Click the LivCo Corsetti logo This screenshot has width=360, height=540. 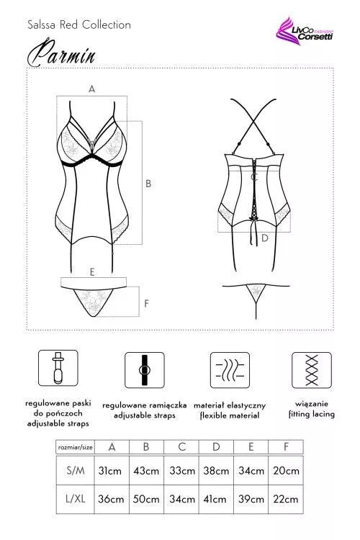click(x=304, y=32)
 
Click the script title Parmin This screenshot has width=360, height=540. click(x=61, y=54)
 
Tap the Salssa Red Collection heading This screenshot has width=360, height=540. click(x=79, y=24)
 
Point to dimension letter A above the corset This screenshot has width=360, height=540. click(x=91, y=89)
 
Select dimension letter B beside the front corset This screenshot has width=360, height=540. click(x=148, y=184)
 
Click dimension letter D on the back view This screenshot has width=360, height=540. click(x=264, y=238)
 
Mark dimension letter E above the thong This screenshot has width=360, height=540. click(x=92, y=272)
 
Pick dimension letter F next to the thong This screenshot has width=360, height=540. click(x=146, y=303)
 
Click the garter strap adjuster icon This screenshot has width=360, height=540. click(x=58, y=368)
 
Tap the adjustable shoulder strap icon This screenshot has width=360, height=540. click(x=144, y=370)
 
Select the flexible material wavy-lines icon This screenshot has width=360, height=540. click(x=230, y=370)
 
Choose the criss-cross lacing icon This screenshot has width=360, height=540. click(x=312, y=370)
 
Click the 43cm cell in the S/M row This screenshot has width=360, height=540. click(x=146, y=470)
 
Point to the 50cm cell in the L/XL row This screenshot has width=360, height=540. click(x=146, y=499)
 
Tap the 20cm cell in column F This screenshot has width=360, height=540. click(x=286, y=470)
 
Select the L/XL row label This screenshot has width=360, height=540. click(x=75, y=499)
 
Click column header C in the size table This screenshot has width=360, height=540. click(x=181, y=447)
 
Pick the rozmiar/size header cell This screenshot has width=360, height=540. click(x=75, y=447)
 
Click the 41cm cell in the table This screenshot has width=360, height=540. click(x=215, y=499)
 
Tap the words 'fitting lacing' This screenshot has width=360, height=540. click(x=312, y=414)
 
